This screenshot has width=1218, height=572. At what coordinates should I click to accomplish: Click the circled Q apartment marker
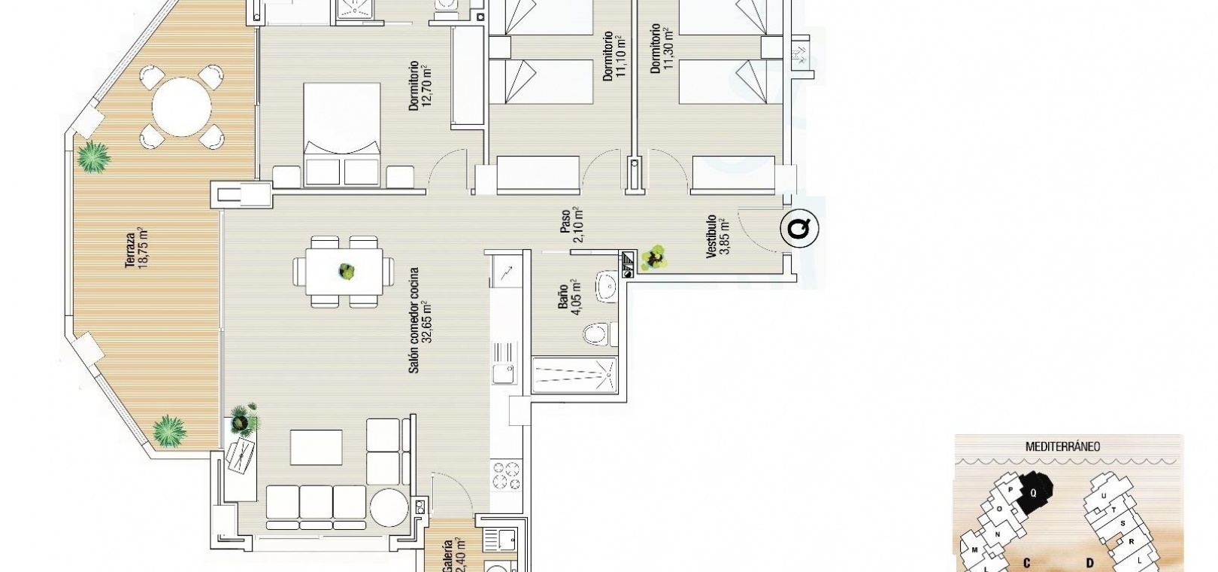click(x=799, y=228)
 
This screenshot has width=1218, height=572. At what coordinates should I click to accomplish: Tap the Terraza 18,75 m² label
click(x=137, y=248)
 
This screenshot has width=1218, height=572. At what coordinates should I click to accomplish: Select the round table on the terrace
click(x=182, y=107)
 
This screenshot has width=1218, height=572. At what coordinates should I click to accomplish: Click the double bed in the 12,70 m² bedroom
click(x=341, y=133)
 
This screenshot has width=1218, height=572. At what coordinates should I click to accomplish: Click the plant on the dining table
click(x=347, y=270)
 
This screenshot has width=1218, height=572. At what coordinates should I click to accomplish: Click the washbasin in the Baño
click(x=606, y=286)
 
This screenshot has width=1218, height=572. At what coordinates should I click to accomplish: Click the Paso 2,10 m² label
click(x=572, y=225)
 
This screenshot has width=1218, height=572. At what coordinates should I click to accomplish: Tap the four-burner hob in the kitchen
click(x=506, y=475)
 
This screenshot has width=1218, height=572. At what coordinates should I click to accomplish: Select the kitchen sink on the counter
click(x=504, y=363)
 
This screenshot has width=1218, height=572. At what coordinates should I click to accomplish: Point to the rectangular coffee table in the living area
click(x=316, y=447)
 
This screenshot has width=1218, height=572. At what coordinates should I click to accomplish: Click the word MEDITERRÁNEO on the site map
click(x=1062, y=447)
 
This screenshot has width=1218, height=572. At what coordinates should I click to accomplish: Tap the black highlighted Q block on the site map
click(x=1035, y=493)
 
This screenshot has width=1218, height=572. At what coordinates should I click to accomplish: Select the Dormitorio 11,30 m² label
click(x=662, y=48)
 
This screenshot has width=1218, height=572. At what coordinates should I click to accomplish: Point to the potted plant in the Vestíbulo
click(x=653, y=257)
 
